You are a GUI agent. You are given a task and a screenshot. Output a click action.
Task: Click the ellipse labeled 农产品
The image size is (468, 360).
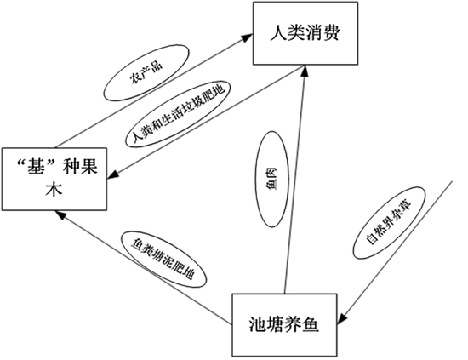pos(146,73)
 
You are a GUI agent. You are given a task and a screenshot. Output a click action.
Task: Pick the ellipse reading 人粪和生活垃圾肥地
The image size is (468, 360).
pos(178,114)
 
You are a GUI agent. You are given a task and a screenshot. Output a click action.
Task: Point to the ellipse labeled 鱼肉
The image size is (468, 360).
pos(272,179)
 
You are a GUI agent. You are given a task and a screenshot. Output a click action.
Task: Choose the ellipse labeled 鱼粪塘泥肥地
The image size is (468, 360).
pos(163,259)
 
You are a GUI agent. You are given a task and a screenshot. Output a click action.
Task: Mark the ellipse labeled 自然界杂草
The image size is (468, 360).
pos(389,223)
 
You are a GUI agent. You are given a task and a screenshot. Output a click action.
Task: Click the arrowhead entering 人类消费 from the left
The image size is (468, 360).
pos(247,37)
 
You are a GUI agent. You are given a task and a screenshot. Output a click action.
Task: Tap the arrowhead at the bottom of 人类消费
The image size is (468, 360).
pos(304,71)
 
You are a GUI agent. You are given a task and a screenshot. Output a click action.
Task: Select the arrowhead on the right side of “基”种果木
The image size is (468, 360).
pos(113,174)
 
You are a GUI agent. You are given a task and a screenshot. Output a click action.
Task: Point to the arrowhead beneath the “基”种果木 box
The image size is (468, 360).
pos(60,214)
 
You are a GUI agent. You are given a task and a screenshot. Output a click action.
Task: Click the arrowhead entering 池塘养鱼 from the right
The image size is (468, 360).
pos(342,318)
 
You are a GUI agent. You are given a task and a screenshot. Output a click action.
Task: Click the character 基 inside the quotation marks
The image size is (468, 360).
pos(36,166)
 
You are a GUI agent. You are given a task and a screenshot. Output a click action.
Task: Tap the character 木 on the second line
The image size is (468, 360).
pos(54,189)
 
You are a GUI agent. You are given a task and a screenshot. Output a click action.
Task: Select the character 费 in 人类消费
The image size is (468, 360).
pos(331,32)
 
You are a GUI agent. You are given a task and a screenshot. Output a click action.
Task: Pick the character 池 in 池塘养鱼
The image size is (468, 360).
pos(258,324)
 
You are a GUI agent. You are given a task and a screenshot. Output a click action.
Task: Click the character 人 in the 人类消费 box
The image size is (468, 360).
pos(279,32)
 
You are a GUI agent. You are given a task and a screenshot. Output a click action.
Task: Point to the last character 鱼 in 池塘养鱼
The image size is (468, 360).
pos(311,324)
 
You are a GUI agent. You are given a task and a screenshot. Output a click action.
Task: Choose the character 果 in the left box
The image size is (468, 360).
pos(88,166)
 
